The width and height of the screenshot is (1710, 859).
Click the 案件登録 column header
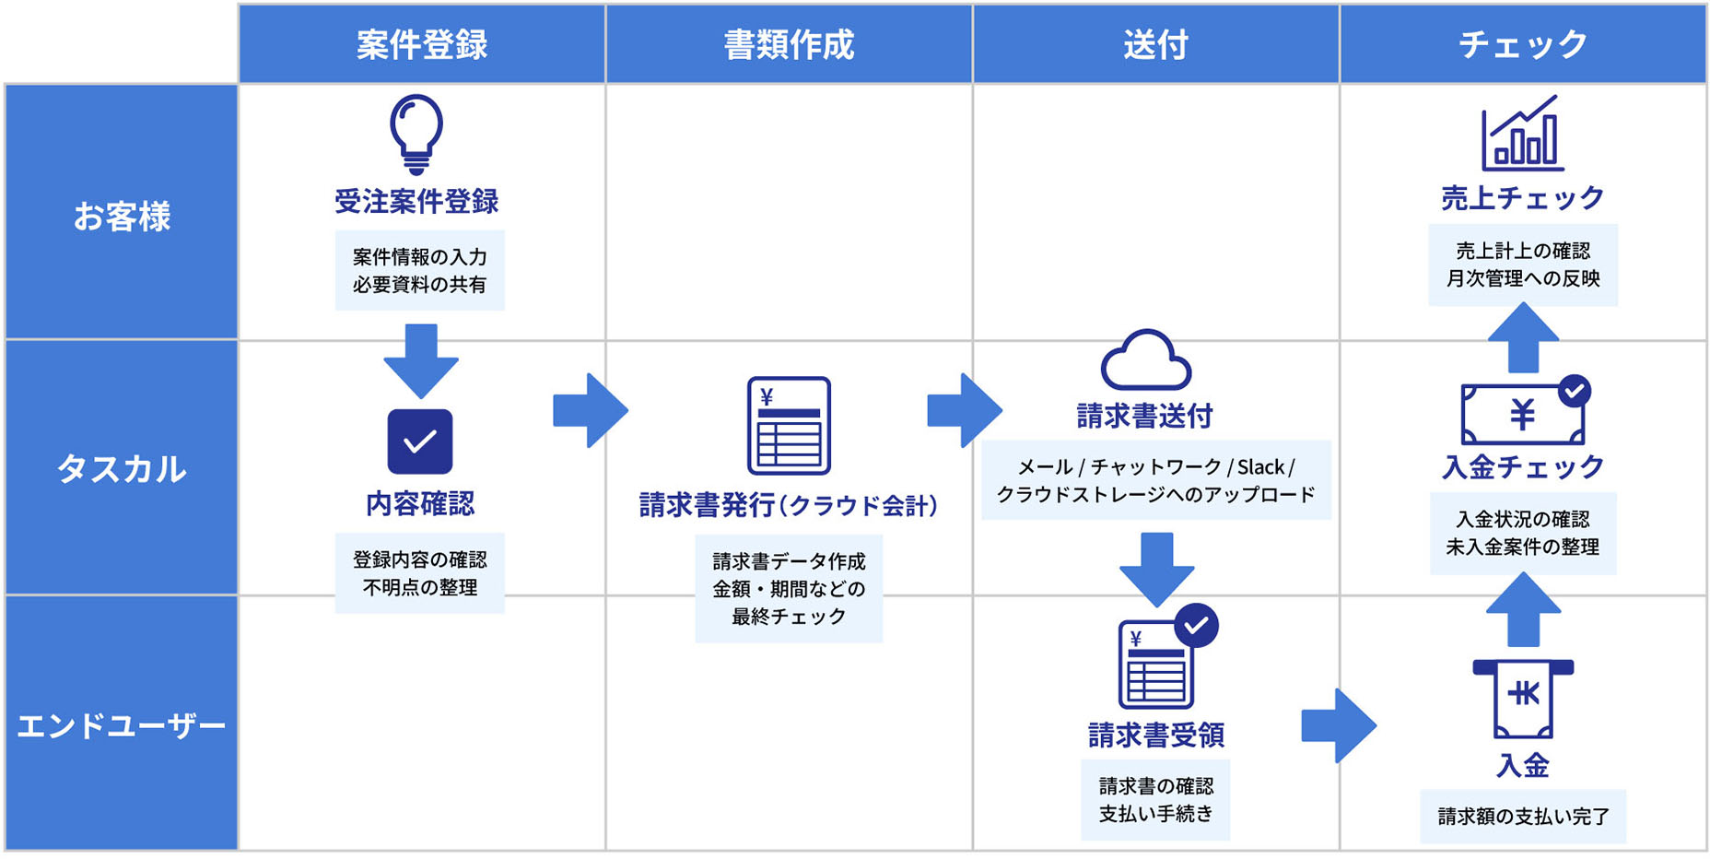coord(421,44)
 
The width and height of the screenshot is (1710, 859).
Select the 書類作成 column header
coord(789,44)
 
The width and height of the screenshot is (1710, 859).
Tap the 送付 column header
coord(1155,44)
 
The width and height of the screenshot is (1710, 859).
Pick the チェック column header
coord(1522,44)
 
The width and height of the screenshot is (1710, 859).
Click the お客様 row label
coord(122,217)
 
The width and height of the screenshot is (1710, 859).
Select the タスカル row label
coord(122,469)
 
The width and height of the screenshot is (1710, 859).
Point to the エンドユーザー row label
coord(122,726)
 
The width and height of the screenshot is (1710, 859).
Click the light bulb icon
coord(416,134)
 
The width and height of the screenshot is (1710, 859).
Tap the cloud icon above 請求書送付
coord(1146,359)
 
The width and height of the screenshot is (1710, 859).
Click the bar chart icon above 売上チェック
coord(1522,135)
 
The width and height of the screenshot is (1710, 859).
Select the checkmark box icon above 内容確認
coord(420,441)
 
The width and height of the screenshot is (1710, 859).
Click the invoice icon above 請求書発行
coord(789,425)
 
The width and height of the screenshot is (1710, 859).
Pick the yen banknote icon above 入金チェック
coord(1524,414)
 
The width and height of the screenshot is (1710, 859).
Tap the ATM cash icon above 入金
coord(1523,699)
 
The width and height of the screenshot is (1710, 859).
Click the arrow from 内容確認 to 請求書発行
coord(591,411)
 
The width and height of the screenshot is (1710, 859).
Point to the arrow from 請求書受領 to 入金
coord(1339,725)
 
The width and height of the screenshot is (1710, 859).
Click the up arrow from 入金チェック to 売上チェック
coord(1523,338)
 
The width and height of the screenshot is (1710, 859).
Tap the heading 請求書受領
coord(1155,735)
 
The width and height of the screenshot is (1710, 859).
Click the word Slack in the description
coord(1260,467)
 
